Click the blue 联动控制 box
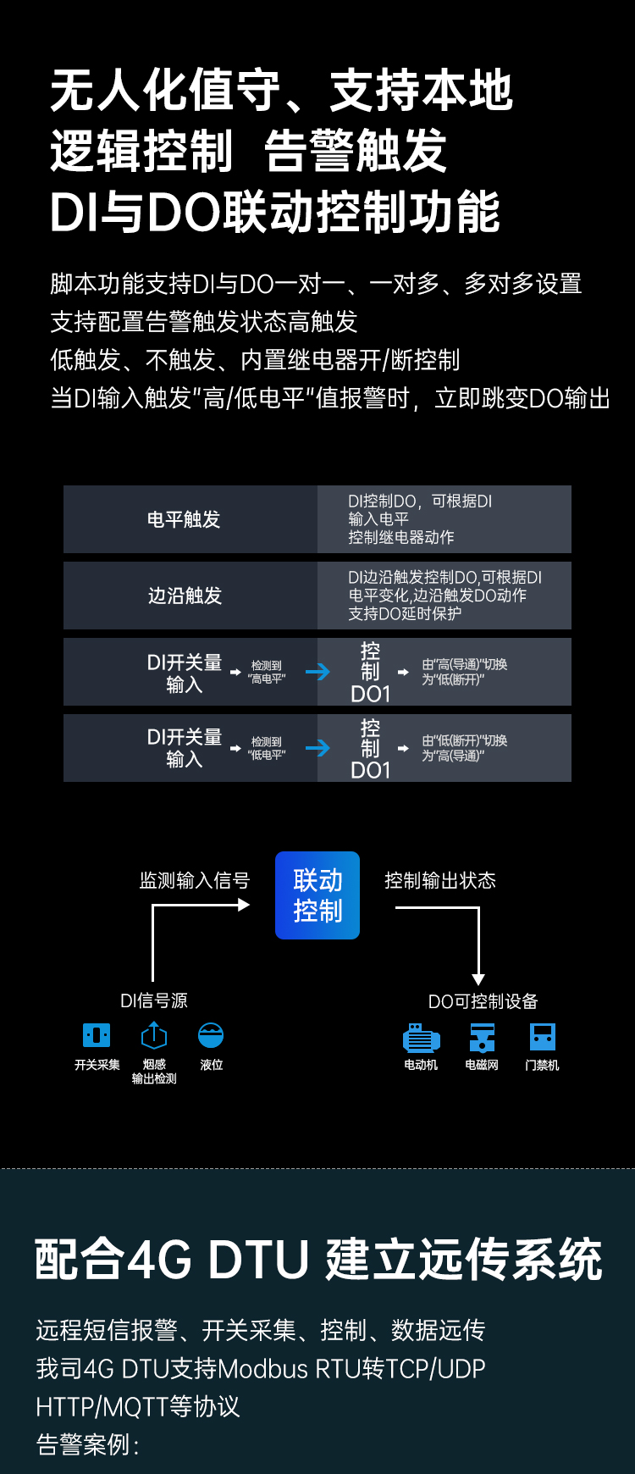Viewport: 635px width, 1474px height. pos(317,895)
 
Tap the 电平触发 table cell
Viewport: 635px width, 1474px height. pos(184,519)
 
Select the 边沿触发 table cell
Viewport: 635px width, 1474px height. pos(185,596)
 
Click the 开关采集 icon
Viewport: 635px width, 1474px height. pos(97,1035)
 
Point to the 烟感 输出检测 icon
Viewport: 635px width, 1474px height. pos(154,1035)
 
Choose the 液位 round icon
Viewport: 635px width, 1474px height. pos(211,1035)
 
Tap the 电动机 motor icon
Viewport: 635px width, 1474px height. pos(421,1038)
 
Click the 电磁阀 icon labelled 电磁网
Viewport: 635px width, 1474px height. pos(482,1038)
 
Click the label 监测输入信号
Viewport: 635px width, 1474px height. pos(195,881)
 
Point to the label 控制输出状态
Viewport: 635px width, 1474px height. pos(440,881)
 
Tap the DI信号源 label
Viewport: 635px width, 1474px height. pos(154,1000)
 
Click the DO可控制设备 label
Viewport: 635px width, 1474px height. pos(483,1001)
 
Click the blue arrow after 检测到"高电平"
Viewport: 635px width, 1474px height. pos(317,672)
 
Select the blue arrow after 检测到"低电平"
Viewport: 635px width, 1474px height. pos(317,748)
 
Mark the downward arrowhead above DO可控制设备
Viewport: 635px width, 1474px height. pos(478,979)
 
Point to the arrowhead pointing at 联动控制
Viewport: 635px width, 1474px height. pos(244,905)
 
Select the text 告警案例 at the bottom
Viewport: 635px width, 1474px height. pos(83,1444)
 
